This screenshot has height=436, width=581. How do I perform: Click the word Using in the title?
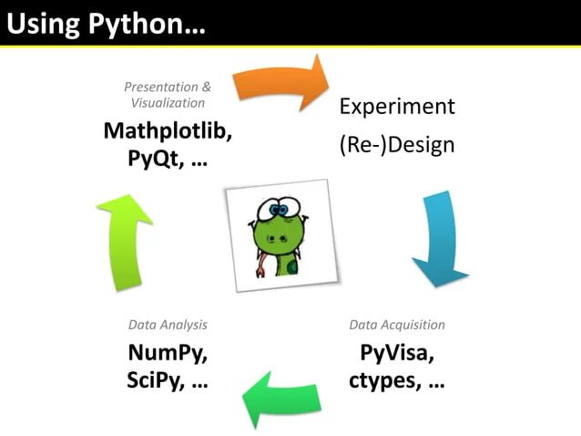(x=44, y=25)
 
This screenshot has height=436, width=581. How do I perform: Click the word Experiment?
(x=397, y=107)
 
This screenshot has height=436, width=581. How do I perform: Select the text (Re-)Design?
(x=397, y=145)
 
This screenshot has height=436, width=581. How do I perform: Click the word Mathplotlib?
(x=168, y=130)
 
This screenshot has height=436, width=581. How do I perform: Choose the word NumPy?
(x=168, y=353)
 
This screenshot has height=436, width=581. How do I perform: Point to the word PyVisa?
(x=397, y=353)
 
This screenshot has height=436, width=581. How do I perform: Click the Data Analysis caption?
(x=168, y=325)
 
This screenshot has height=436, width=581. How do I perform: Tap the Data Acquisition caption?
(x=397, y=325)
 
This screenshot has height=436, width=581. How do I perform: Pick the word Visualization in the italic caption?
(x=168, y=103)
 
